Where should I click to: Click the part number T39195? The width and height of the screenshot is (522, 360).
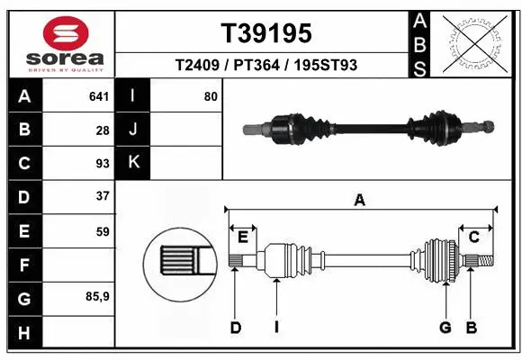[266, 33]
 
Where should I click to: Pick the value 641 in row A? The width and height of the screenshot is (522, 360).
[99, 95]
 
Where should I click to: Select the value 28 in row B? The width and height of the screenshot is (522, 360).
[103, 130]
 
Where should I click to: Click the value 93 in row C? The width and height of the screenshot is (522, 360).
[103, 164]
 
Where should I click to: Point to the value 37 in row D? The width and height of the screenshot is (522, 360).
[103, 196]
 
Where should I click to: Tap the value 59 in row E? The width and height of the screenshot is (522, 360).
[103, 231]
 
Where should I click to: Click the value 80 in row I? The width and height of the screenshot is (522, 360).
[210, 95]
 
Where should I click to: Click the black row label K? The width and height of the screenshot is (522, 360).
[133, 163]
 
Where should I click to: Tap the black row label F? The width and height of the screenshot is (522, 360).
[23, 265]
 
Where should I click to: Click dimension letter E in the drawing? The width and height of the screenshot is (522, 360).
[243, 237]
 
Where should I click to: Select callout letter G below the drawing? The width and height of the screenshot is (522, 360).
[445, 328]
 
